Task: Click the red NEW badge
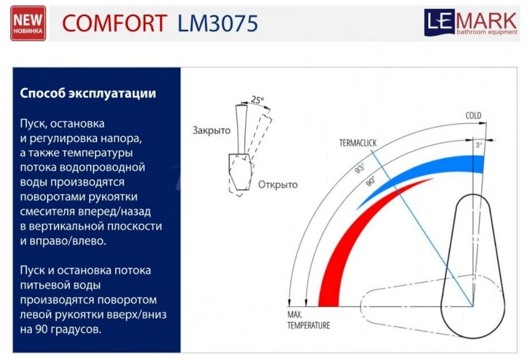(28, 23)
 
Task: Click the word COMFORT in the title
(114, 23)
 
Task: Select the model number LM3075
(218, 23)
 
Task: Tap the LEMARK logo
(471, 22)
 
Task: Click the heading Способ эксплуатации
(88, 93)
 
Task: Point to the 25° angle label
(257, 100)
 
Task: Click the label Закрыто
(212, 130)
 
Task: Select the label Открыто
(278, 184)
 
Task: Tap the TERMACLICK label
(358, 143)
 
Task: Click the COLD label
(473, 115)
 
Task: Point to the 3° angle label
(479, 145)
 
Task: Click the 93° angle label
(360, 168)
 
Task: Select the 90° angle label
(371, 181)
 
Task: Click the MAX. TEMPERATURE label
(308, 320)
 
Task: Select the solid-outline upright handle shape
(472, 266)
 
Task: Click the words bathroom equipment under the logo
(487, 32)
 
